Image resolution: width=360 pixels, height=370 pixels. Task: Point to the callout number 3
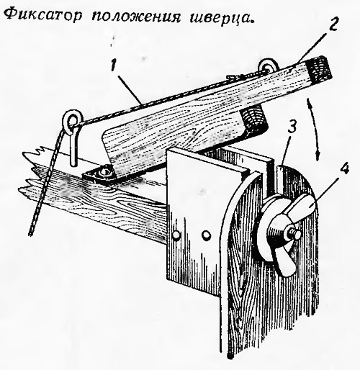293,128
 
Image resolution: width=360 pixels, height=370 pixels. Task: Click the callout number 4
345,170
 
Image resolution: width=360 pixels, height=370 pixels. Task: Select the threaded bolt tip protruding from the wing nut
296,234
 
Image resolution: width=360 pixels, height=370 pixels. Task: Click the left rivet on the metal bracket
176,235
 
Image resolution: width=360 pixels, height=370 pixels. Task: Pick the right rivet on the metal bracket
206,235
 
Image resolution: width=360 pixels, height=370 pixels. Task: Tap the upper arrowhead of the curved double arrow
309,101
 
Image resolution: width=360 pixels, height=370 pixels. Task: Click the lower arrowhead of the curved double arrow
318,156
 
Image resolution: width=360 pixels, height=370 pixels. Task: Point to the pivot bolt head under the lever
104,171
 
